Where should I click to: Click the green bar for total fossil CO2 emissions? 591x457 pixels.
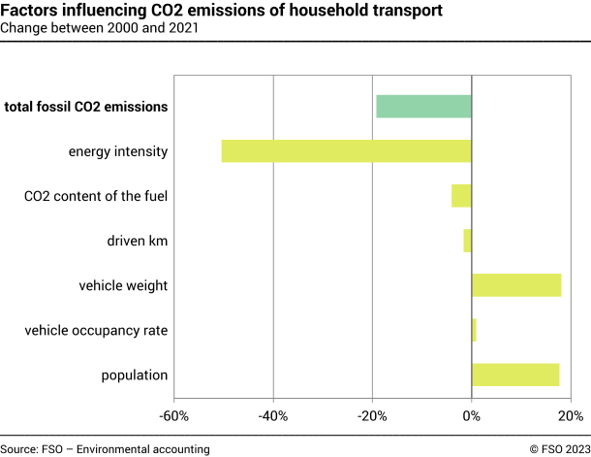pos(423,107)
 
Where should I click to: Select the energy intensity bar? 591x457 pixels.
pos(346,151)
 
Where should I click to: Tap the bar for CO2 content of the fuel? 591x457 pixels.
pos(461,196)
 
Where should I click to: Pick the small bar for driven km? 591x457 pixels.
pos(467,241)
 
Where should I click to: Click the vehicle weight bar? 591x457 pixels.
pos(516,285)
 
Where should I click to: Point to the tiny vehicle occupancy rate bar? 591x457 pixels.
pos(474,330)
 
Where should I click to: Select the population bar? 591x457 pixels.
pos(515,375)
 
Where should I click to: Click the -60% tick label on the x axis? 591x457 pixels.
pos(174,417)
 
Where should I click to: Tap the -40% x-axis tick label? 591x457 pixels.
pos(273,417)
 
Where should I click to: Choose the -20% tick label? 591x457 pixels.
pos(372,417)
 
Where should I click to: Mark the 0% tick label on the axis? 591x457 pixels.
pos(472,417)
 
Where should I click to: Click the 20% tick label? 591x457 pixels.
pos(571,417)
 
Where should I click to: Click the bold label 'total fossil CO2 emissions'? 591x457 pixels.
pos(86,107)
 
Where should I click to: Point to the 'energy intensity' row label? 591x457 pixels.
pos(118,151)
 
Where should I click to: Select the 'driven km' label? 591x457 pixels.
pos(138,241)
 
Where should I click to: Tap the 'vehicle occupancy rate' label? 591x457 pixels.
pos(96,330)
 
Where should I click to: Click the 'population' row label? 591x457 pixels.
pos(135,375)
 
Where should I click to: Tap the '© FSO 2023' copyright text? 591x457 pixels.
pos(559,448)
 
